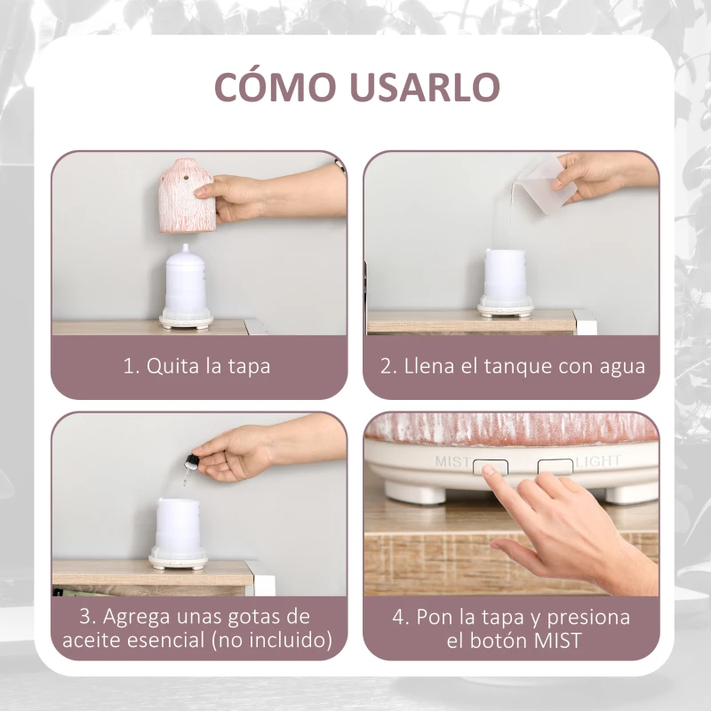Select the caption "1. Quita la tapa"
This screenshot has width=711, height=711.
(x=196, y=366)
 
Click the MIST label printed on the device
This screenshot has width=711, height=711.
(x=451, y=462)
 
